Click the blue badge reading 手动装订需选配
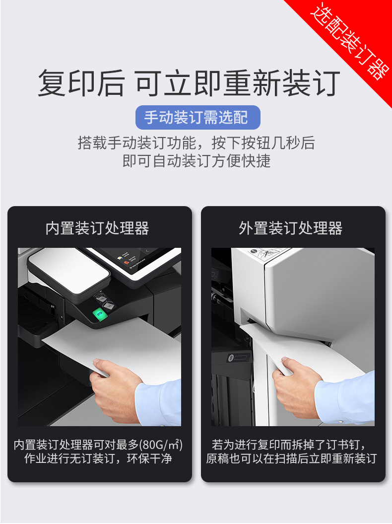tap(197, 117)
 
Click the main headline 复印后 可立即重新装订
tap(189, 83)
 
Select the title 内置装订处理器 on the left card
tap(97, 228)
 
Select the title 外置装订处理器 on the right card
tap(290, 228)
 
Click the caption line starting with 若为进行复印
tap(289, 445)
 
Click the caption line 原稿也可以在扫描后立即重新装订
tap(291, 458)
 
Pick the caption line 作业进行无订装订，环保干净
tap(98, 458)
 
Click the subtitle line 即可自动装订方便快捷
tap(196, 161)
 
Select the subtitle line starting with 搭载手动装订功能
tap(196, 143)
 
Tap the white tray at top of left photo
tap(68, 271)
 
